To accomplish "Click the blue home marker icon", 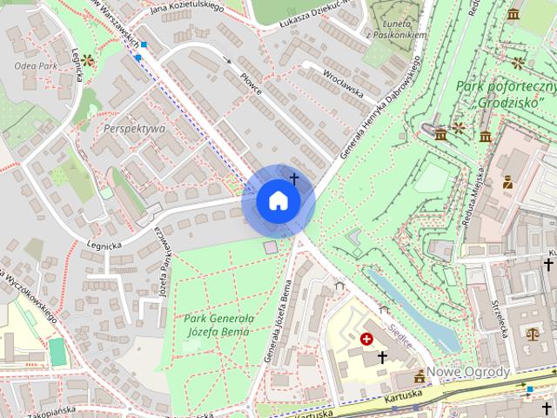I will [x=278, y=200].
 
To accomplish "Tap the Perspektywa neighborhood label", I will [x=134, y=128].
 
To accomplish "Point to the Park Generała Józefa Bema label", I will [x=218, y=325].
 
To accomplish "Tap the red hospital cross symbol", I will [x=366, y=338].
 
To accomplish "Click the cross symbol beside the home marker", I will [x=294, y=179].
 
